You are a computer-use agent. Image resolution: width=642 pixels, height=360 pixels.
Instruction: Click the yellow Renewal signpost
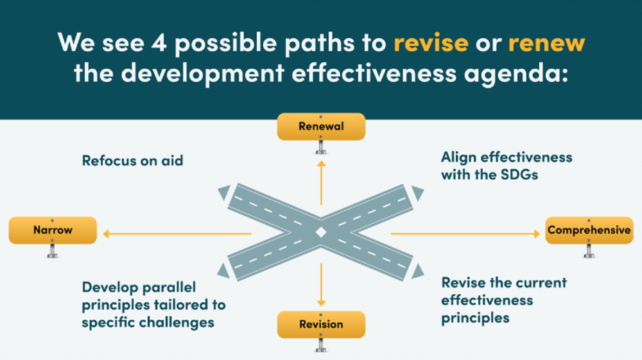tap(321, 127)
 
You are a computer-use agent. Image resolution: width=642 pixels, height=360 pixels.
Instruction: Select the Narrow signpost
tap(53, 230)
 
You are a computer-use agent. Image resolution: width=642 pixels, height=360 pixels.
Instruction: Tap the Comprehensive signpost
tap(589, 230)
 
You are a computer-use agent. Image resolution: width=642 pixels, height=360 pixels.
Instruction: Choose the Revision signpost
tap(321, 325)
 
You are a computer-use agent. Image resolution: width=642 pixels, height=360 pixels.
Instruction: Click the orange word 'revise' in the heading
tap(431, 42)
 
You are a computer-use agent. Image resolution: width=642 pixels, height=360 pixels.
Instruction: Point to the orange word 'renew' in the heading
tap(546, 42)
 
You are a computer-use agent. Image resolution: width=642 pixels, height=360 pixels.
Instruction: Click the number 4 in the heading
tap(159, 42)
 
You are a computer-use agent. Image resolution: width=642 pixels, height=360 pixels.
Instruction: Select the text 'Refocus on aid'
tap(133, 160)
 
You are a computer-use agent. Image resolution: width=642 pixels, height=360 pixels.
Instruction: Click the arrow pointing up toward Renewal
tap(322, 183)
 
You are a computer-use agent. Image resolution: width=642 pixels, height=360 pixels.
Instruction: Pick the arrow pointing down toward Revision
tap(322, 285)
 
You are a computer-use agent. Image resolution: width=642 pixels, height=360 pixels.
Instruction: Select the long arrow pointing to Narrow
tap(177, 234)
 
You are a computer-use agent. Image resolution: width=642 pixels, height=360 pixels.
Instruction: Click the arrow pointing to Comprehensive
tap(465, 234)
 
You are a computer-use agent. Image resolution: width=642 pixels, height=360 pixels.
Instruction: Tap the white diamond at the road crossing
tap(321, 232)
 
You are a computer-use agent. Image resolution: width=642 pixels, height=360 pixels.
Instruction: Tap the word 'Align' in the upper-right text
tap(458, 157)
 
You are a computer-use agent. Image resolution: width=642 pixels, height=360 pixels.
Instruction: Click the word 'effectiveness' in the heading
tap(374, 73)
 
